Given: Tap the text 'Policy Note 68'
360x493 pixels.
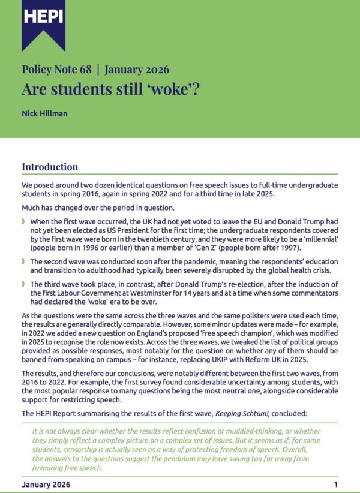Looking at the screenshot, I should [56, 69].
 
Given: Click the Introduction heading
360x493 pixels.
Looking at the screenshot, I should [50, 167].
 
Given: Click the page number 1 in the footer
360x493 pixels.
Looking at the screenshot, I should [336, 484].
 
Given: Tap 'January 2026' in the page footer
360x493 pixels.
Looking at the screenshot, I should [46, 484].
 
